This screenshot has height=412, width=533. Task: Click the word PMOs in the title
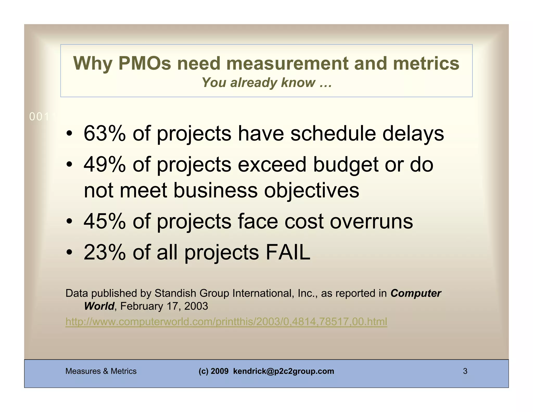click(x=145, y=63)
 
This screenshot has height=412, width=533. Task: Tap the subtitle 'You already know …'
click(x=266, y=83)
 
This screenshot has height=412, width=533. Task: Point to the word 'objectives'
click(x=312, y=190)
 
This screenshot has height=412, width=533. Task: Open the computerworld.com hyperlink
click(x=226, y=322)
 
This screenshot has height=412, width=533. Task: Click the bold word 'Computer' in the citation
click(x=416, y=293)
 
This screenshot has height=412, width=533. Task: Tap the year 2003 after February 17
click(x=196, y=306)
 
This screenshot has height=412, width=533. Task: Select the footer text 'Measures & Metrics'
click(x=101, y=371)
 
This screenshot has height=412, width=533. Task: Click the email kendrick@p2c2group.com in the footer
click(x=283, y=371)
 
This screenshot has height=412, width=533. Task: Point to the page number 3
click(x=465, y=371)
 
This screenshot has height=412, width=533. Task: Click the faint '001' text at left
click(x=39, y=117)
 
